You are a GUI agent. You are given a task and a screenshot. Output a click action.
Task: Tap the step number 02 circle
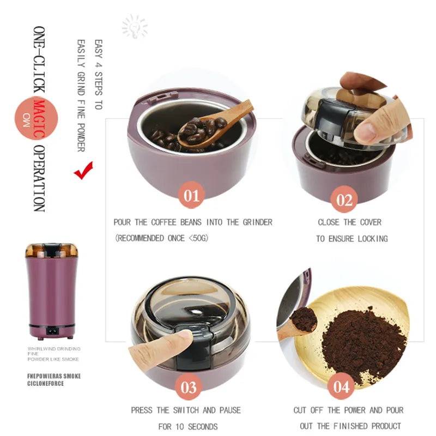pos(344,199)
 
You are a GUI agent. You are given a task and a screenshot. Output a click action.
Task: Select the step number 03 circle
pos(189,387)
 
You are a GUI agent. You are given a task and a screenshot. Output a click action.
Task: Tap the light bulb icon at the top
pos(135,26)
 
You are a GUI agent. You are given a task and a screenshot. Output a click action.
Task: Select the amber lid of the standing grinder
pos(51,250)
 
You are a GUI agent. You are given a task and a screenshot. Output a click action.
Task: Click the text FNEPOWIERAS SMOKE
pos(54,376)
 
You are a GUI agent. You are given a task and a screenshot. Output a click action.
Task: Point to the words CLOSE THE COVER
pos(349,222)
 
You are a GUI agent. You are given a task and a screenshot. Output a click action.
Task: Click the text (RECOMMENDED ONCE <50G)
pos(161,238)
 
